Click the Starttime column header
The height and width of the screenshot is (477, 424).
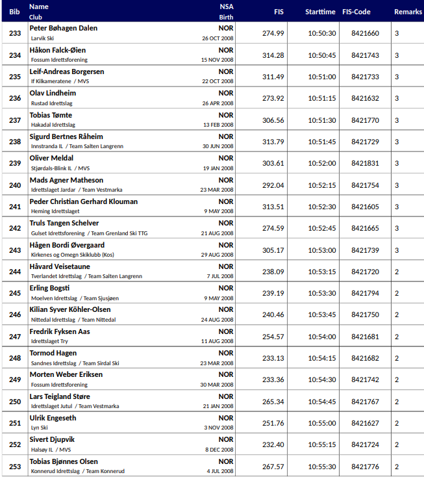click(x=320, y=12)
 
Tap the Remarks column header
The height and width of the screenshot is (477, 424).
click(x=408, y=12)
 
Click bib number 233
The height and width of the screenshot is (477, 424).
click(x=15, y=33)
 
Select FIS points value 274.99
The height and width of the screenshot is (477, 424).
click(x=273, y=33)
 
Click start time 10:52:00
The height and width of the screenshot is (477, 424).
click(x=321, y=163)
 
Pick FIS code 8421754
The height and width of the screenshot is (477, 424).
click(x=365, y=185)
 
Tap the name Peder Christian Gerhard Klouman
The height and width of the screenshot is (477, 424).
click(x=84, y=201)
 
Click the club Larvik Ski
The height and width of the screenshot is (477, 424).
click(x=43, y=38)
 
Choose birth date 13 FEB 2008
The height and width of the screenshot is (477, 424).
click(x=218, y=125)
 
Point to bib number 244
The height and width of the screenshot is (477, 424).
click(x=15, y=272)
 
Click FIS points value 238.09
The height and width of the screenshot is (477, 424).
click(x=273, y=272)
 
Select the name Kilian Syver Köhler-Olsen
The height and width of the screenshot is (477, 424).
click(x=70, y=309)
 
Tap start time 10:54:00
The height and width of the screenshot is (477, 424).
click(x=321, y=337)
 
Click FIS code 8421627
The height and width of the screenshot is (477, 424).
click(x=365, y=423)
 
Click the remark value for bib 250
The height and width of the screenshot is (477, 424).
click(x=397, y=402)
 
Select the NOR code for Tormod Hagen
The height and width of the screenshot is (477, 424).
click(x=225, y=353)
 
